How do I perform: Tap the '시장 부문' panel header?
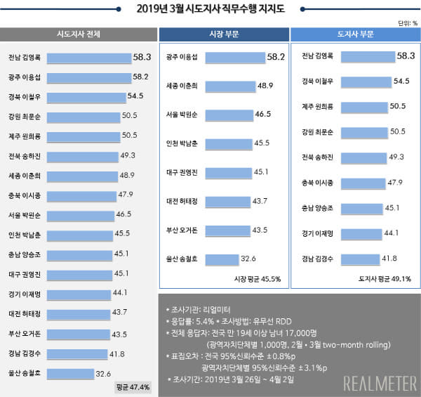(x=222, y=34)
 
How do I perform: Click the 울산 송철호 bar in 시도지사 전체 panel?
(x=72, y=373)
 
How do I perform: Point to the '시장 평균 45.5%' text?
(x=257, y=279)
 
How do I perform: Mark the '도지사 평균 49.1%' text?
(x=385, y=279)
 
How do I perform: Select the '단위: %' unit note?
(x=407, y=22)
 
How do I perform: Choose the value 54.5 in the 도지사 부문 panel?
(x=401, y=82)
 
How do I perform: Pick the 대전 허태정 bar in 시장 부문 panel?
(x=223, y=202)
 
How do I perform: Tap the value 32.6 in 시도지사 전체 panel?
(x=103, y=373)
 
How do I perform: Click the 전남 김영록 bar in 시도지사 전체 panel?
(x=91, y=57)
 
